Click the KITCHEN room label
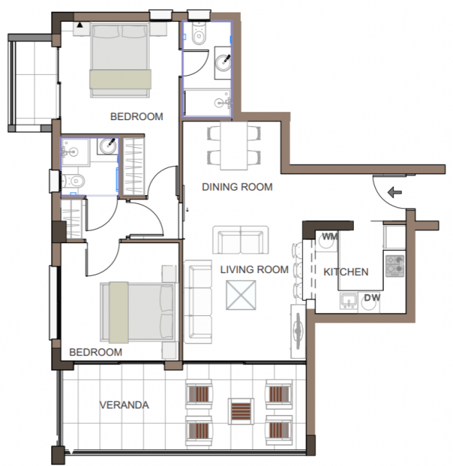tap(346, 272)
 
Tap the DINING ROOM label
tap(237, 187)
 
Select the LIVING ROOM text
tap(254, 269)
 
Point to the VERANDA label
tap(125, 405)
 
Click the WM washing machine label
tap(330, 237)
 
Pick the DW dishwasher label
tap(372, 298)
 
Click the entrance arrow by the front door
tap(395, 192)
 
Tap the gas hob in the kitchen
tap(395, 266)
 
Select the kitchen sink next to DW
tap(349, 301)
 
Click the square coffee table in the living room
tap(241, 296)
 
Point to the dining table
tap(234, 146)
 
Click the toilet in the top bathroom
tap(199, 34)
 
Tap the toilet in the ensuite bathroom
tap(74, 181)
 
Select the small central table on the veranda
tap(241, 411)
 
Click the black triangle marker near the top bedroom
tap(79, 25)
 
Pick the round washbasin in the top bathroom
tap(223, 63)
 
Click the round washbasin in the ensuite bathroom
tap(108, 146)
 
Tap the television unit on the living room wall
tap(298, 331)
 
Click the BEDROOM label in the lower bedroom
tap(95, 352)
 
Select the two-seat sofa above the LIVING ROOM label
tap(240, 240)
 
